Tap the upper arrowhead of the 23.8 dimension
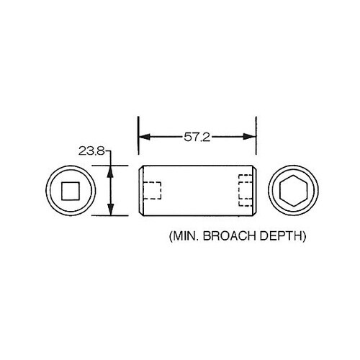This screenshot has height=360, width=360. pyautogui.click(x=110, y=170)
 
